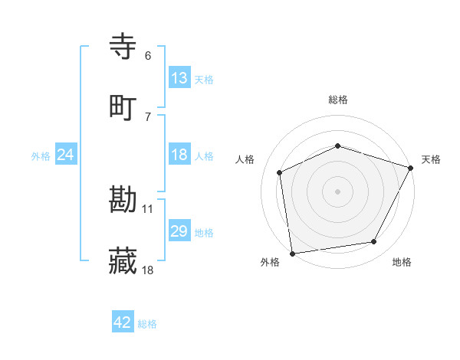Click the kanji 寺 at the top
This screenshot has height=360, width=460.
coord(123,47)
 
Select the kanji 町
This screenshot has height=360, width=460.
coord(123,106)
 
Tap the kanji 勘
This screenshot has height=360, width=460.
coord(123,201)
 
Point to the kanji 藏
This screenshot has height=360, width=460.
coord(123,260)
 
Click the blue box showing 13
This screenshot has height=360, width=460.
coord(179,78)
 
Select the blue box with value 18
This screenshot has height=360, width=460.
coord(179,155)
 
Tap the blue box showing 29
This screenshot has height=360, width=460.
coord(179,231)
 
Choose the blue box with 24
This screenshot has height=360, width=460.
coord(66,155)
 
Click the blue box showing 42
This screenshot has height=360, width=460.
coord(123,322)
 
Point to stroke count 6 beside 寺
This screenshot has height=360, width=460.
coord(148,56)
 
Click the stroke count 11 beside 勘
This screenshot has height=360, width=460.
coord(148,208)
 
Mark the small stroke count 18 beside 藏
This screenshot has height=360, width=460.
coord(148,269)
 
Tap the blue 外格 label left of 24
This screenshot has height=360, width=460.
coord(41,155)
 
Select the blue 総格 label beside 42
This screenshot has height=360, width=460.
coord(147,324)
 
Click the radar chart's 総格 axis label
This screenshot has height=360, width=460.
coord(338,100)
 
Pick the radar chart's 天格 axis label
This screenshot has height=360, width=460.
coord(431,159)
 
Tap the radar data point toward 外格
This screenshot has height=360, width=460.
coord(292,253)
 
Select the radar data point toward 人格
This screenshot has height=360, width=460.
coord(280,172)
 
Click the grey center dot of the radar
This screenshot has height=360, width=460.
coord(338,191)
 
